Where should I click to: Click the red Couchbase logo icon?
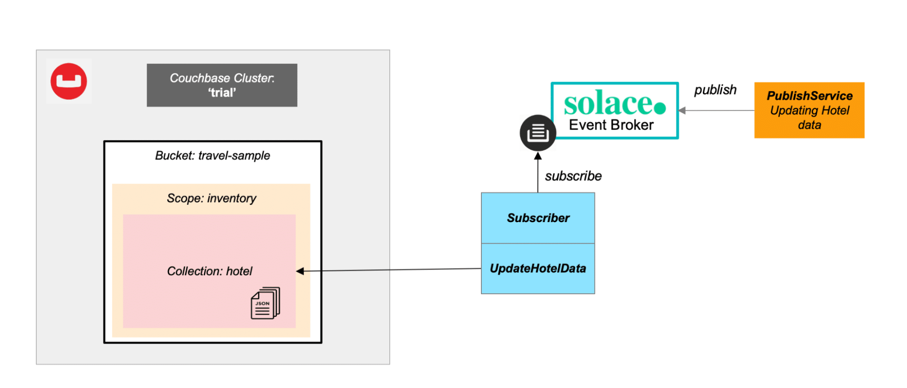(69, 81)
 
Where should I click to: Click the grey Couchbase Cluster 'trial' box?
(222, 85)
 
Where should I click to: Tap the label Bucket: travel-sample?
(212, 155)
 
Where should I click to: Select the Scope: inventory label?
(211, 198)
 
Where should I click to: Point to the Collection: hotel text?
(210, 271)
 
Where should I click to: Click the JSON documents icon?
(265, 303)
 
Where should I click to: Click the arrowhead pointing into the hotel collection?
(300, 271)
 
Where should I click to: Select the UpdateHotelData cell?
(538, 268)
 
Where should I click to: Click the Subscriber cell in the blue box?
(538, 218)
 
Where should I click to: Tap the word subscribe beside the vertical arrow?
(573, 176)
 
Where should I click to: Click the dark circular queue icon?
(538, 133)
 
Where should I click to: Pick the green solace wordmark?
(608, 103)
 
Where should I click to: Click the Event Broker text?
(611, 125)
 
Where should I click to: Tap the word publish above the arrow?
(715, 90)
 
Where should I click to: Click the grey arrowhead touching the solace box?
(682, 110)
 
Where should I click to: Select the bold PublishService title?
(809, 96)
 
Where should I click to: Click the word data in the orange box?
(809, 125)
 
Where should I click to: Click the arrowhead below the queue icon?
(538, 156)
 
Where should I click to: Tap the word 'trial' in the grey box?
(222, 93)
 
